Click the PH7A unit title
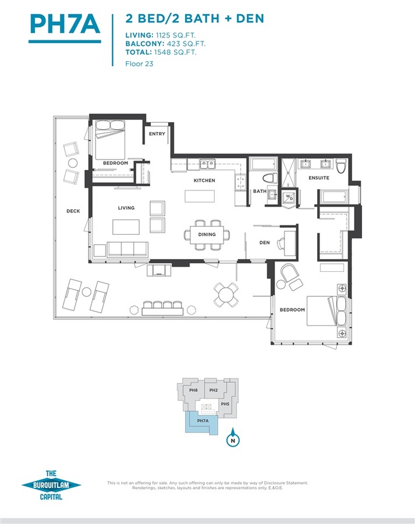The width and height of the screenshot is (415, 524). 65,24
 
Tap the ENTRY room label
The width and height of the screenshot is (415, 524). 157,134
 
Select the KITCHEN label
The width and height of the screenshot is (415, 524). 204,180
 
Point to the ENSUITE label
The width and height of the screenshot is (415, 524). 319,178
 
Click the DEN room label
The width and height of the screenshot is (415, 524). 265,243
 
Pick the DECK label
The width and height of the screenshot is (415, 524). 73,211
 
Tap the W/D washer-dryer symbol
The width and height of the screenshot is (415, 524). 289,198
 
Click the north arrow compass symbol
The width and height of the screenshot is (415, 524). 233,438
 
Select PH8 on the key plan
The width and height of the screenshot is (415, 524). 193,390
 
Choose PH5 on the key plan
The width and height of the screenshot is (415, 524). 225,404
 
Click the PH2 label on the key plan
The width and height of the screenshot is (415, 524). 214,390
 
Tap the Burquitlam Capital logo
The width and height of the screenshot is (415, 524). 51,485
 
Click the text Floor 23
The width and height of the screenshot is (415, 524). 139,63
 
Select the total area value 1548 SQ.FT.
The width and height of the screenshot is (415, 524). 175,52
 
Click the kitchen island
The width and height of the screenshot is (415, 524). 200,197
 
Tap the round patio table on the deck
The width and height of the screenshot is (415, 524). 226,295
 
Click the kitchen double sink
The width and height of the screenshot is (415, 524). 208,164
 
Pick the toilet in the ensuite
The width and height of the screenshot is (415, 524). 341,166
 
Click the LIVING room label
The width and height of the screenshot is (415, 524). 126,208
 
